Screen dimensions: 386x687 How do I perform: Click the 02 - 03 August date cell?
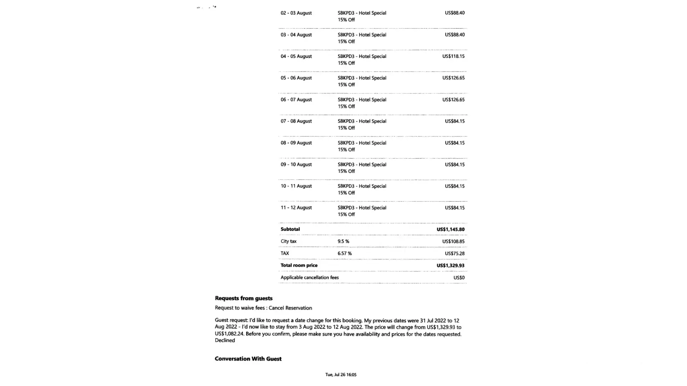pyautogui.click(x=296, y=13)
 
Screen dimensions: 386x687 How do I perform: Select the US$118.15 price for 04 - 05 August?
pyautogui.click(x=453, y=56)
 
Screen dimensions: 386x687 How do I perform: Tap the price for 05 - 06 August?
pyautogui.click(x=453, y=78)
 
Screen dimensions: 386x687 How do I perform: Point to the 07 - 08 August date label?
pyautogui.click(x=296, y=121)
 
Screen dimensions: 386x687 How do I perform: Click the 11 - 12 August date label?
pyautogui.click(x=296, y=208)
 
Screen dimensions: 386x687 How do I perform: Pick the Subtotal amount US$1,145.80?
pyautogui.click(x=451, y=229)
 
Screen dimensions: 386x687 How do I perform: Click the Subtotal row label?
pyautogui.click(x=290, y=229)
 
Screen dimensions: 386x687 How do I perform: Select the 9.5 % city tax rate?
pyautogui.click(x=343, y=241)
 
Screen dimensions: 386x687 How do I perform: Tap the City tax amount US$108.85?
pyautogui.click(x=453, y=242)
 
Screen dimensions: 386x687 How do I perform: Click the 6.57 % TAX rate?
pyautogui.click(x=345, y=254)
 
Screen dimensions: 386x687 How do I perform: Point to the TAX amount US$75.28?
pyautogui.click(x=454, y=254)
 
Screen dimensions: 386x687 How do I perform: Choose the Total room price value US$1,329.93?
pyautogui.click(x=451, y=266)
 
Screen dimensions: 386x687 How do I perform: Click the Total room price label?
pyautogui.click(x=299, y=266)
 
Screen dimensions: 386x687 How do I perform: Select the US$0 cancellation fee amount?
pyautogui.click(x=459, y=278)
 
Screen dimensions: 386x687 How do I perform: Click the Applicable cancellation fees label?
pyautogui.click(x=309, y=278)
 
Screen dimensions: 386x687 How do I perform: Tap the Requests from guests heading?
pyautogui.click(x=243, y=298)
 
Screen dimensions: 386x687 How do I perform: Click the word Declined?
pyautogui.click(x=225, y=340)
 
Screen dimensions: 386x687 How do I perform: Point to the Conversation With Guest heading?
pyautogui.click(x=248, y=359)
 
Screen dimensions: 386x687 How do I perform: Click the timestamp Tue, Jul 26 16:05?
pyautogui.click(x=341, y=375)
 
